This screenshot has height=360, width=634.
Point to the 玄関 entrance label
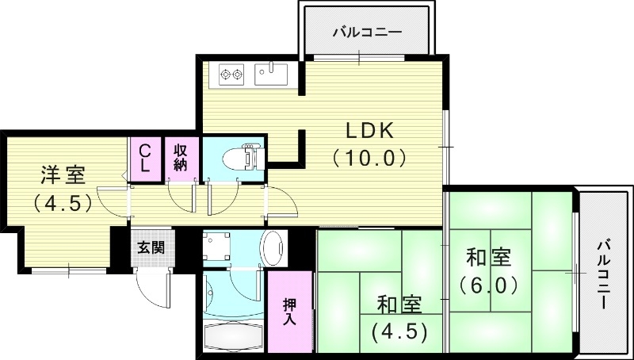click(x=150, y=247)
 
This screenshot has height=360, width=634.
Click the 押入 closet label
click(x=291, y=312)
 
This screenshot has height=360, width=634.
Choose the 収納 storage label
click(x=181, y=157)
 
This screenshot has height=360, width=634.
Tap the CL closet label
click(x=146, y=157)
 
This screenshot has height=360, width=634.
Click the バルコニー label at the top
click(x=366, y=33)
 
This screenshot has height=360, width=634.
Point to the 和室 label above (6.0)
click(x=488, y=258)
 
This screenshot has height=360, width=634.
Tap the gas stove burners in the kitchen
click(x=231, y=74)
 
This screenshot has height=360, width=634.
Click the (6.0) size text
click(x=488, y=283)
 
